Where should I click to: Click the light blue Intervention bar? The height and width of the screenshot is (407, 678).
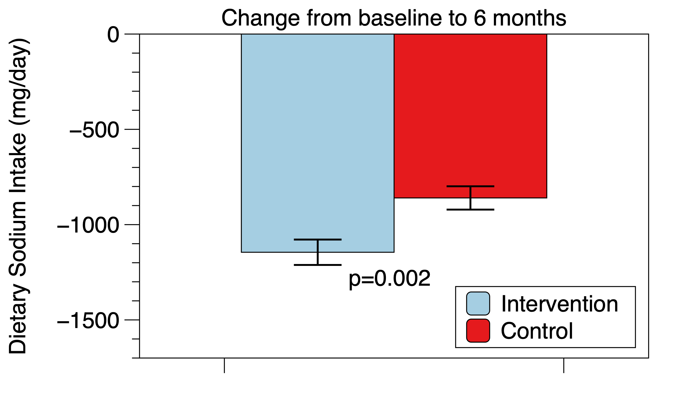click(318, 143)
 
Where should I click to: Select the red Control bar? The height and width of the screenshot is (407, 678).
click(470, 116)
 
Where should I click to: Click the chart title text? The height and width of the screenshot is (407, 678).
click(394, 18)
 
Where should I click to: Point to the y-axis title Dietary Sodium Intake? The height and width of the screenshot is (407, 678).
click(19, 196)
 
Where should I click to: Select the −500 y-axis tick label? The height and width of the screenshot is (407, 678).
click(94, 130)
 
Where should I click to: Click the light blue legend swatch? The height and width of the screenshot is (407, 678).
click(478, 303)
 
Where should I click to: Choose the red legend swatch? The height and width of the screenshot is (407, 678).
click(478, 330)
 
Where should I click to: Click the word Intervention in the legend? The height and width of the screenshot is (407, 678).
click(559, 304)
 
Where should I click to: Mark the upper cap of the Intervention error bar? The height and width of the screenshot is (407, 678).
click(318, 239)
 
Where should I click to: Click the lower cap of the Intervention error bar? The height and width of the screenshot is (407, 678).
click(318, 265)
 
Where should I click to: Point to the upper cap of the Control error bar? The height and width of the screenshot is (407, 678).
click(470, 186)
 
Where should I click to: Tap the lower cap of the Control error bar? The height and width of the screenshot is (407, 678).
click(470, 209)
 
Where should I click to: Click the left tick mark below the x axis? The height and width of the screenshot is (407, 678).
click(225, 365)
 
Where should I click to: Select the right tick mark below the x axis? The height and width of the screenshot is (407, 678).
click(564, 365)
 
